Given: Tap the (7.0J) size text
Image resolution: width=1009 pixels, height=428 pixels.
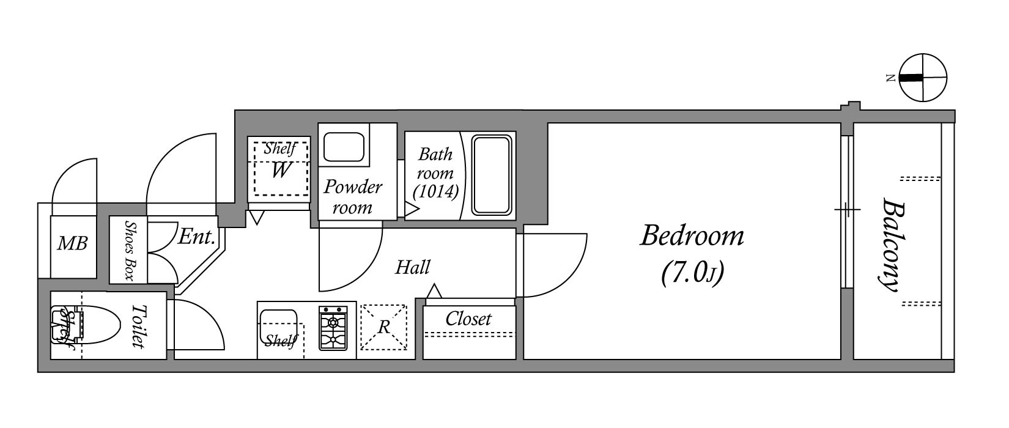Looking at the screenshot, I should pos(692,273).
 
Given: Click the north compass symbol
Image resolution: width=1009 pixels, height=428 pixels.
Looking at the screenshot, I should pos(923,78).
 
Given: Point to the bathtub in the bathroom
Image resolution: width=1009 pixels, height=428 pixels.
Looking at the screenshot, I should pos(491,175).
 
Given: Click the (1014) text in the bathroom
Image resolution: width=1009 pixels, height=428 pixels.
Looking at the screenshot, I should pos(435,192).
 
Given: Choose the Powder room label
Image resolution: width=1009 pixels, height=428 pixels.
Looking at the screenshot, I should pos(352,196).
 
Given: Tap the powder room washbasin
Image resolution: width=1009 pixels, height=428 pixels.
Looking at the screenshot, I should pos(344,147).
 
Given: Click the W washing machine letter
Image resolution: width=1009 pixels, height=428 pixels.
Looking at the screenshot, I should pos(280,170).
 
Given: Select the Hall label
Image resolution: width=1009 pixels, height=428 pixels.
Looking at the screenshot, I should pos(413,267).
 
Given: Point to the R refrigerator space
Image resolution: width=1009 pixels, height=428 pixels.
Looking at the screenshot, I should pos(383,327).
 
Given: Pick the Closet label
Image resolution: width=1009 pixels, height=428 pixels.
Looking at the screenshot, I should pos(468,319).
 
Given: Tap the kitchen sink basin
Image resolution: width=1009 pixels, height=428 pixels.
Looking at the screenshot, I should pos(278,324).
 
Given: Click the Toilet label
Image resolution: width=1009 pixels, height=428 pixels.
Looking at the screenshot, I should pos(138,326).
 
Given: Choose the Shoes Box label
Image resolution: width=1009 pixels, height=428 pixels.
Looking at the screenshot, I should pos(128,250).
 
